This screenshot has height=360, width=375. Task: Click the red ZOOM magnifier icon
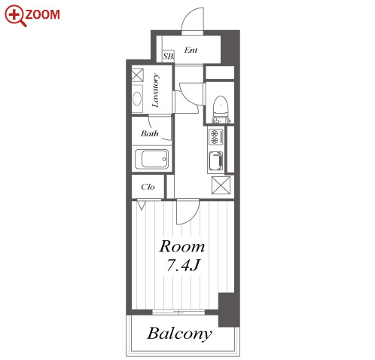(x=15, y=16)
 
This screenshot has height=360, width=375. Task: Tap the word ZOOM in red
(x=42, y=14)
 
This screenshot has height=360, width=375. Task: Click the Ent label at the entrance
(x=191, y=50)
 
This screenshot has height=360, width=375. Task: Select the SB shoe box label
(x=168, y=56)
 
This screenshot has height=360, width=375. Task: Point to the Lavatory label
(x=156, y=90)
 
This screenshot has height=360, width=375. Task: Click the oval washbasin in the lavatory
(x=137, y=99)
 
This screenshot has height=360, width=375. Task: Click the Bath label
(x=150, y=133)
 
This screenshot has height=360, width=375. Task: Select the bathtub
(x=151, y=159)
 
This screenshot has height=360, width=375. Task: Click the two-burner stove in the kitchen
(x=215, y=137)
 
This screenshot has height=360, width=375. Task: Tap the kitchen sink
(x=215, y=160)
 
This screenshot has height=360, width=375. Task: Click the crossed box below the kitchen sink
(x=221, y=185)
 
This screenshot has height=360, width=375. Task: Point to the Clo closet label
(x=148, y=187)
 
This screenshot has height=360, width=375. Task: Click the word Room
(x=182, y=246)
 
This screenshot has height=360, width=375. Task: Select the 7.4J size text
(x=183, y=265)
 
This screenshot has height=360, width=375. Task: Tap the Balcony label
(x=179, y=334)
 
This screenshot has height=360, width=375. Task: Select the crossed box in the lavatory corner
(x=138, y=75)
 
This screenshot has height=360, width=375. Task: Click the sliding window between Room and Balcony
(x=178, y=313)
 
